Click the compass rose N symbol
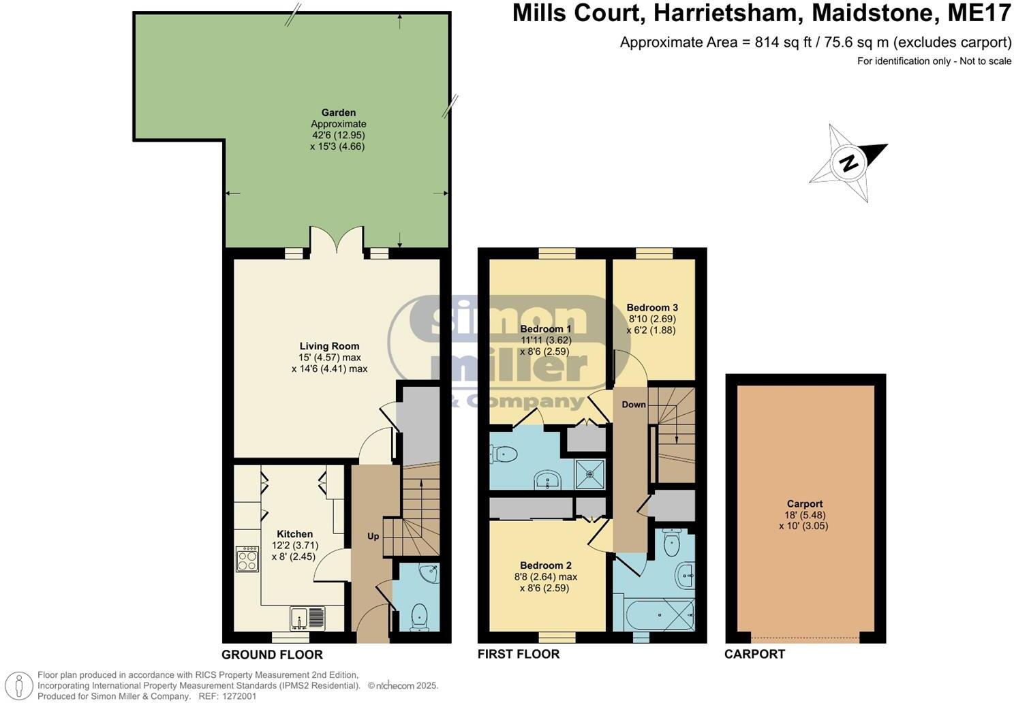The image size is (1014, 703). coord(848,163)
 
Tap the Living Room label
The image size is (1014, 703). coord(329,346)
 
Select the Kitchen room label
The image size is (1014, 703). coord(294,534)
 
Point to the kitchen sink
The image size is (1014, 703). coord(307,617)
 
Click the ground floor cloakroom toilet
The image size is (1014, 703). coord(420,615)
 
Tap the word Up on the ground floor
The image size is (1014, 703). coord(373,536)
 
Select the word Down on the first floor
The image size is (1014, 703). coord(633,405)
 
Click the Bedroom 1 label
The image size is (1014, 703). coord(545,329)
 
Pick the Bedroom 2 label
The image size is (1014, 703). coord(545,565)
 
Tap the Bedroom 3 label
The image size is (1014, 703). coord(651,307)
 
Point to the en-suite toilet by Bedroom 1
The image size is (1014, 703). coord(503,453)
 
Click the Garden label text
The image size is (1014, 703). coord(339,112)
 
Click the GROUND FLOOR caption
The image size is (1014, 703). coord(272,655)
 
